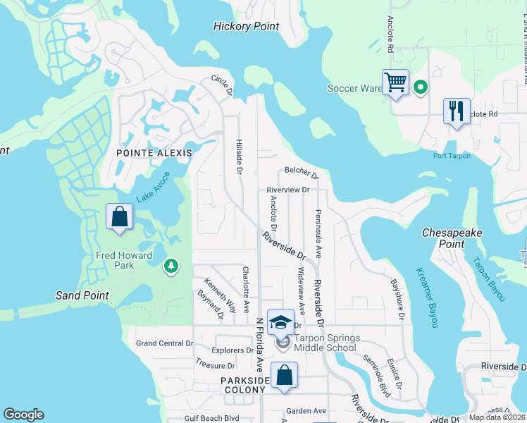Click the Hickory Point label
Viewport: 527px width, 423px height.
tap(246, 27)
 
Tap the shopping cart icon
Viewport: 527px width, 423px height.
tap(395, 83)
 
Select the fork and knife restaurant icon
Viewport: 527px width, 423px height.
tap(456, 111)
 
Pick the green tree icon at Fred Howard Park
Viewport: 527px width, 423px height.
tap(170, 266)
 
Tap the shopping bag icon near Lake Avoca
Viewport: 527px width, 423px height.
tap(119, 216)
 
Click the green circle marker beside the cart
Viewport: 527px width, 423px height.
tap(421, 87)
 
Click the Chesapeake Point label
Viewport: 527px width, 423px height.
tap(442, 238)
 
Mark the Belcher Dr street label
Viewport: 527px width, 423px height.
tap(302, 172)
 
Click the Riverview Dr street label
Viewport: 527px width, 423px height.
tap(288, 190)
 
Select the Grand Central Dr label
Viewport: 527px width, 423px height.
tap(164, 343)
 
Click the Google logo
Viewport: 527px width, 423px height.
tap(23, 415)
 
